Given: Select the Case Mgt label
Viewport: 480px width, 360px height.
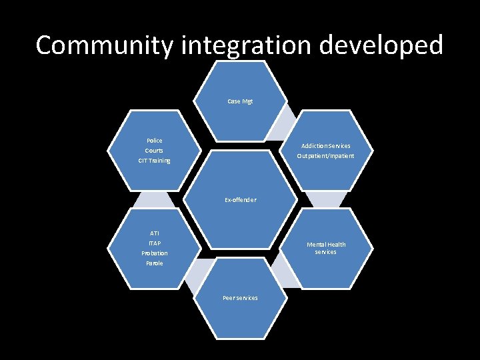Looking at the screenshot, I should point(240,101).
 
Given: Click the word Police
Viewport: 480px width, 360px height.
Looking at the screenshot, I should point(155,141).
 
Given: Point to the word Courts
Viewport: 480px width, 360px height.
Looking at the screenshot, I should point(155,151).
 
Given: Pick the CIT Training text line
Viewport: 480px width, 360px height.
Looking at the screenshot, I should point(155,161).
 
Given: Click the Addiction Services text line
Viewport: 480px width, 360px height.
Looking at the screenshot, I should point(325,146).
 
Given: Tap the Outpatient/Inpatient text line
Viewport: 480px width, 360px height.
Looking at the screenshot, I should point(325,156).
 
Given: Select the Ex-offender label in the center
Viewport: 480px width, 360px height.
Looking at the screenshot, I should point(240,200).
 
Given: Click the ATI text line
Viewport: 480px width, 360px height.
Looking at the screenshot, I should point(155,233).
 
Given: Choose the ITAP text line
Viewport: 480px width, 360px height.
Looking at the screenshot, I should point(155,243).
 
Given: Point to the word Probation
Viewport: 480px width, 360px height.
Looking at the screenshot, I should point(155,253).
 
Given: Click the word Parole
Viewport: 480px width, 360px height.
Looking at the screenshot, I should point(155,263).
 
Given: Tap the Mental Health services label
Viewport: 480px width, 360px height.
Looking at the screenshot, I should point(325,248).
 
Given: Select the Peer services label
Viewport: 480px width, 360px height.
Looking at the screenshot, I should point(240,298).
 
